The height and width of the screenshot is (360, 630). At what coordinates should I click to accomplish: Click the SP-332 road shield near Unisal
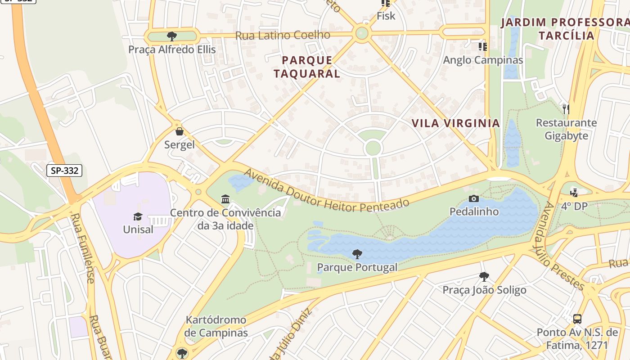tap(64, 171)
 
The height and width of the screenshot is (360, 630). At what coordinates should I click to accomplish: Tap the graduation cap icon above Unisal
tap(138, 216)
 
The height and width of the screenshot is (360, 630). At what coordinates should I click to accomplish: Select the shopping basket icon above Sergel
tap(180, 131)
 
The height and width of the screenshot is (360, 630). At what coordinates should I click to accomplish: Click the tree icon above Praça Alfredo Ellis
tap(171, 36)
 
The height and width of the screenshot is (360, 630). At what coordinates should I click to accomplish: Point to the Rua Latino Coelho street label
tap(283, 35)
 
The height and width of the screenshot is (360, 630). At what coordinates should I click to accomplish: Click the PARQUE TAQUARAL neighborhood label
tap(307, 67)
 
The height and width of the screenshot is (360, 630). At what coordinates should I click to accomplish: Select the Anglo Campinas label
tap(483, 60)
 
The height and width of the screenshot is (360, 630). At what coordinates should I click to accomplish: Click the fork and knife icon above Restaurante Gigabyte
tap(566, 108)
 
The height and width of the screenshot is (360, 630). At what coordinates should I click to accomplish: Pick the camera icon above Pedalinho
tap(474, 198)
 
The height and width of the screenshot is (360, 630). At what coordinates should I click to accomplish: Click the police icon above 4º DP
tap(574, 193)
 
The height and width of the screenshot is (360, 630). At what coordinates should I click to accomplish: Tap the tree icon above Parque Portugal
tap(357, 254)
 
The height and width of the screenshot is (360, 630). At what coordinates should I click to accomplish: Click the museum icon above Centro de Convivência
tap(225, 199)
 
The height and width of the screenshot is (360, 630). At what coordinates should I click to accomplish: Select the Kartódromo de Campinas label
tap(216, 326)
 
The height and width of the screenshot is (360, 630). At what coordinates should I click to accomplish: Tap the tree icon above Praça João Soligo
tap(484, 276)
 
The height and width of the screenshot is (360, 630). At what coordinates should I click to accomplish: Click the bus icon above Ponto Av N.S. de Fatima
tap(577, 319)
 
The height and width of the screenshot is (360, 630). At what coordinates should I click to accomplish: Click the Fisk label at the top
tap(386, 16)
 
